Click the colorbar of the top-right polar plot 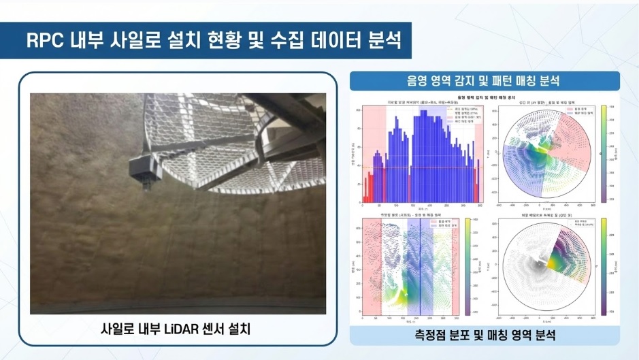pyautogui.click(x=603, y=153)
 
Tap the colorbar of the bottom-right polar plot pyautogui.click(x=603, y=267)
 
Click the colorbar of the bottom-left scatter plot pyautogui.click(x=470, y=267)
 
